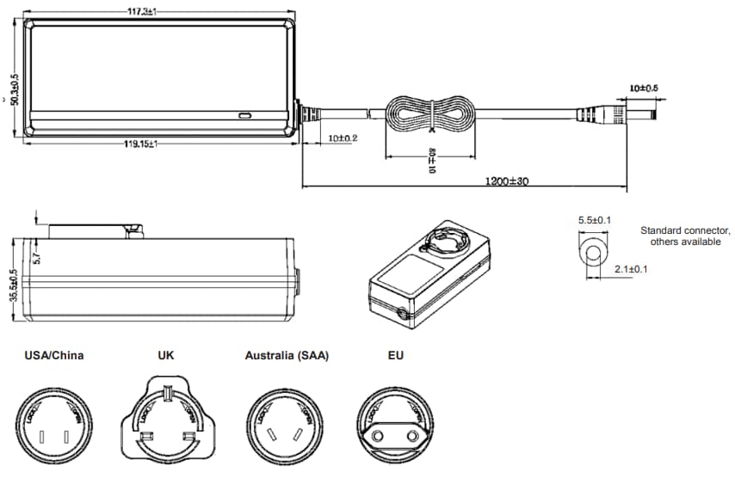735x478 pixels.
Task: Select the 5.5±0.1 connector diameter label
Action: [595, 221]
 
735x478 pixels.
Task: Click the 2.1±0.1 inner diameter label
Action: [631, 269]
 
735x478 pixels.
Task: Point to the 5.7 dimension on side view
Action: [36, 254]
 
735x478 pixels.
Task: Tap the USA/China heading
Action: [54, 355]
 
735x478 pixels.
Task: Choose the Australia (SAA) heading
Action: [287, 355]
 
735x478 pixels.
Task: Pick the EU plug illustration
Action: [394, 424]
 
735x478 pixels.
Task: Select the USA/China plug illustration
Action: [53, 424]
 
